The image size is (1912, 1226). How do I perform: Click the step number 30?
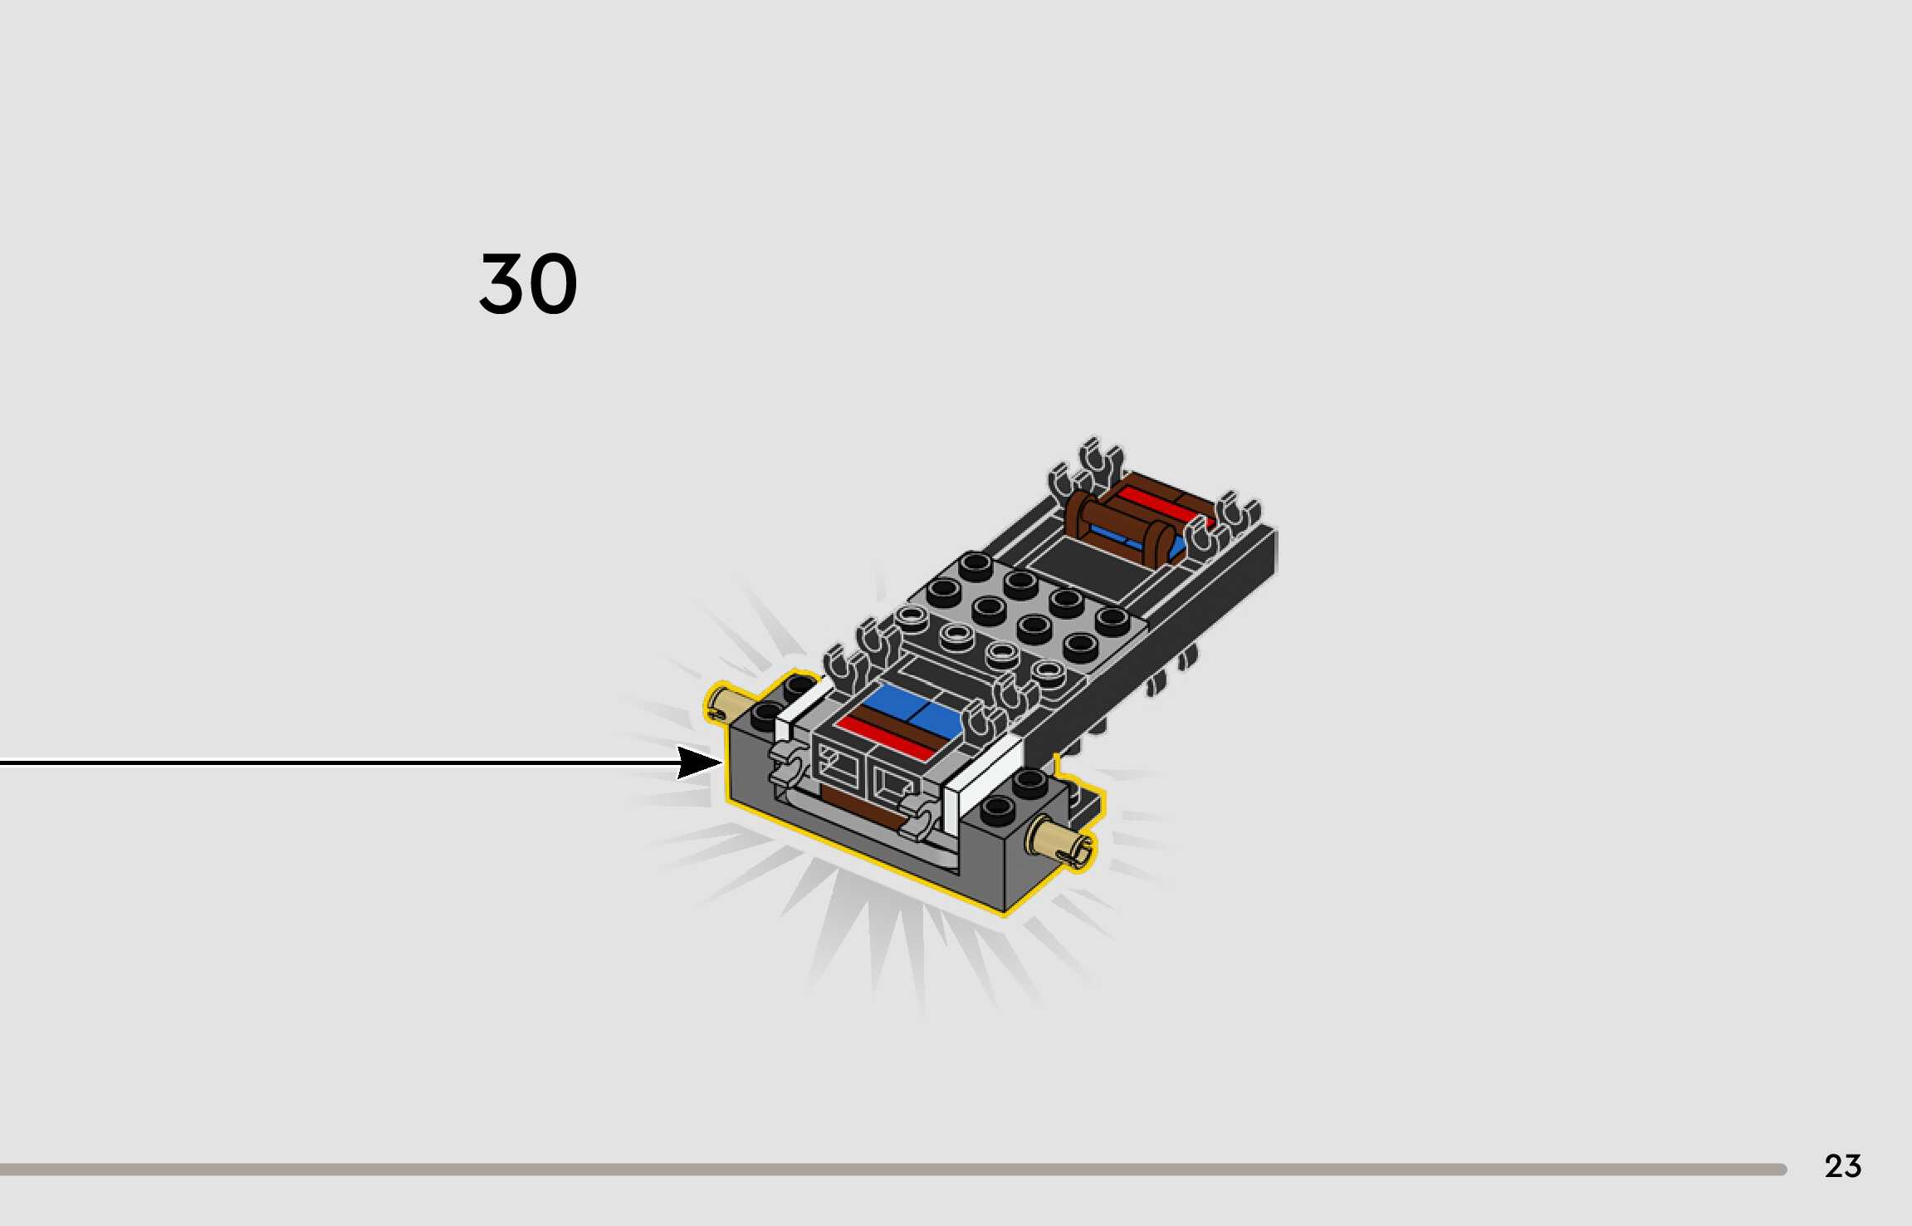pos(528,284)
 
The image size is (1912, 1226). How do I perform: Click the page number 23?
pos(1842,1166)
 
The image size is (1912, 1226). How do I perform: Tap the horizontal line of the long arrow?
pos(332,762)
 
